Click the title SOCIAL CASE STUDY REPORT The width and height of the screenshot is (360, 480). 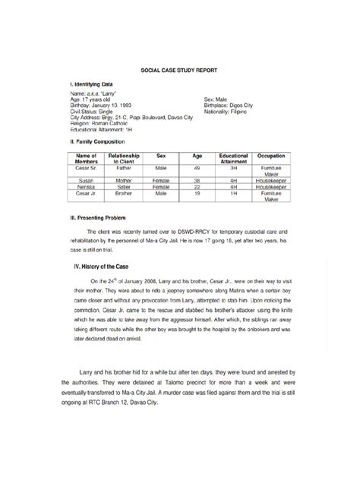click(180, 69)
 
